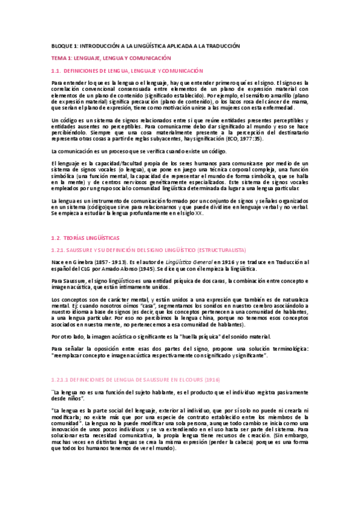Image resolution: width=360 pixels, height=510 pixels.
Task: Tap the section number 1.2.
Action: pos(58,238)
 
